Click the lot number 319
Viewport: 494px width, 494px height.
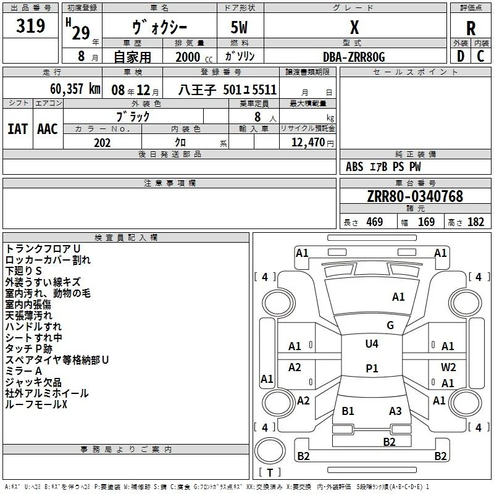click(30, 26)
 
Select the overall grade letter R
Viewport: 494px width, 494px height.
click(471, 28)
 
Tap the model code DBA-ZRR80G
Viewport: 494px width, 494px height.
click(354, 57)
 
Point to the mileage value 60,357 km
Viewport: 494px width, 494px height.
click(75, 89)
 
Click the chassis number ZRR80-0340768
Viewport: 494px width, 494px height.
click(415, 196)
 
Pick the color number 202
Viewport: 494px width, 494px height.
click(102, 143)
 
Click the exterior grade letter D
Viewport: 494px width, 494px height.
click(461, 56)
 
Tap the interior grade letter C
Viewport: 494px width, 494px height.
click(480, 56)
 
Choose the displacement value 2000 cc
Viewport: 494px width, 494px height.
click(194, 57)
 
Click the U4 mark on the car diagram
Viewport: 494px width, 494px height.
click(372, 344)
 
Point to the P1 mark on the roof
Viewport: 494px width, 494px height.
click(372, 368)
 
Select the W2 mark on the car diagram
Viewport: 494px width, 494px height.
click(448, 367)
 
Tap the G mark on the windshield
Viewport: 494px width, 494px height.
click(390, 325)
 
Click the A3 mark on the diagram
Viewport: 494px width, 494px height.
click(395, 411)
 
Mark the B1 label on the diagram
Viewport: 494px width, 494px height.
click(348, 411)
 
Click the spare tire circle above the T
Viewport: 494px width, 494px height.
click(270, 450)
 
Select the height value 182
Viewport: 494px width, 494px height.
click(475, 222)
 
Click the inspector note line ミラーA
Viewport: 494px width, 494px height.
click(23, 371)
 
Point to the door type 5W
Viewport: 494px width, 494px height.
click(239, 27)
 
